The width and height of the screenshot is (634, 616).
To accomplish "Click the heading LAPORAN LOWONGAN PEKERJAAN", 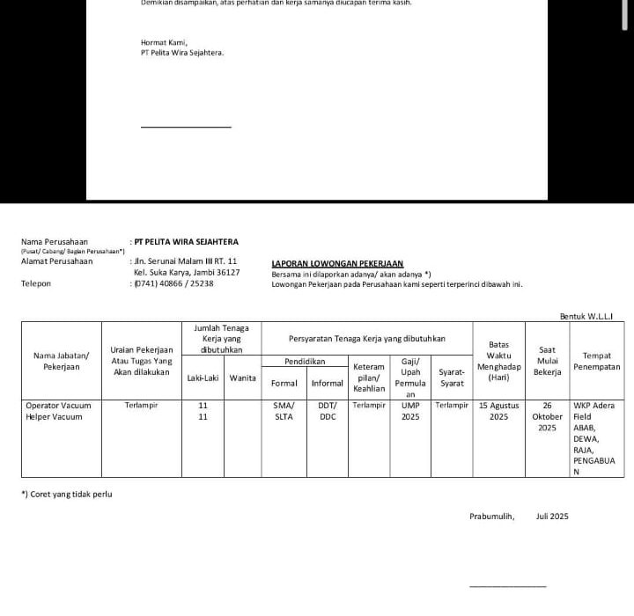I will [x=337, y=263].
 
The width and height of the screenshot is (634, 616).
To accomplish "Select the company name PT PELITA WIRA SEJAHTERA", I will [x=186, y=242].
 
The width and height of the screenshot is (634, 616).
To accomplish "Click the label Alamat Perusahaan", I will [x=56, y=261].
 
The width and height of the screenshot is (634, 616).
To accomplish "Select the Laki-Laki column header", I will [x=203, y=378].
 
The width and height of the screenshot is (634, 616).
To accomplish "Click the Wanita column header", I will [x=242, y=378].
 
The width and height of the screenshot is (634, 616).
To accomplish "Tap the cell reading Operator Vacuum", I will [x=58, y=406].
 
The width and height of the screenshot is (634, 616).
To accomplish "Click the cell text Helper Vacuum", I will [x=54, y=417].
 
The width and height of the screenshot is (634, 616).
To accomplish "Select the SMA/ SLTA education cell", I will [x=283, y=411].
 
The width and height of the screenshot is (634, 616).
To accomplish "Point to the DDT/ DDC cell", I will [x=328, y=411].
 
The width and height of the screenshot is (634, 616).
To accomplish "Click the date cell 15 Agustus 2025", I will [x=498, y=411].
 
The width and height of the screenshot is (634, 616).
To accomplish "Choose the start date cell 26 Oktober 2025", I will [x=547, y=417].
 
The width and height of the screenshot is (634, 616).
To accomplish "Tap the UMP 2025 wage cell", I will [x=410, y=411].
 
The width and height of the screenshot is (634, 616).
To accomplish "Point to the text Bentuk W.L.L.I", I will [x=586, y=315].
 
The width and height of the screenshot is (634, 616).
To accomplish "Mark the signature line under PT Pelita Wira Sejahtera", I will [x=186, y=127].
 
